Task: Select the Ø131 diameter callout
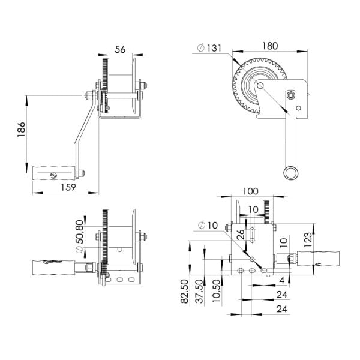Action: point(210,48)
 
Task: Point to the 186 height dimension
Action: point(21,129)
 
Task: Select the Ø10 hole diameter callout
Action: point(208,226)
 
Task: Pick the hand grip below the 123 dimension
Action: point(319,259)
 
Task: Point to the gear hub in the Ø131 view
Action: point(259,86)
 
